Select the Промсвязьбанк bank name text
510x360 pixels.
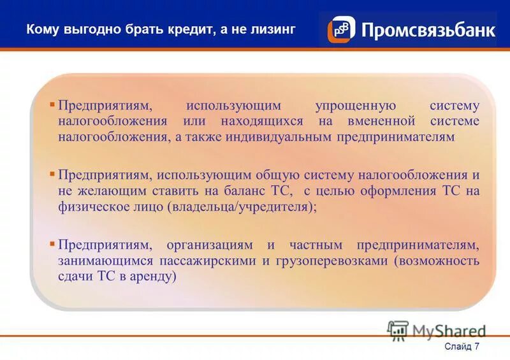coord(428,30)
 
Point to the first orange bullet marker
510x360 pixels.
coord(52,104)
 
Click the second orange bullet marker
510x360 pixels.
coord(52,173)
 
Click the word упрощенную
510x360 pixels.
coord(356,106)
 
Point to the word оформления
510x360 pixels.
coord(406,191)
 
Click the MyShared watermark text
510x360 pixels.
coord(449,330)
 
